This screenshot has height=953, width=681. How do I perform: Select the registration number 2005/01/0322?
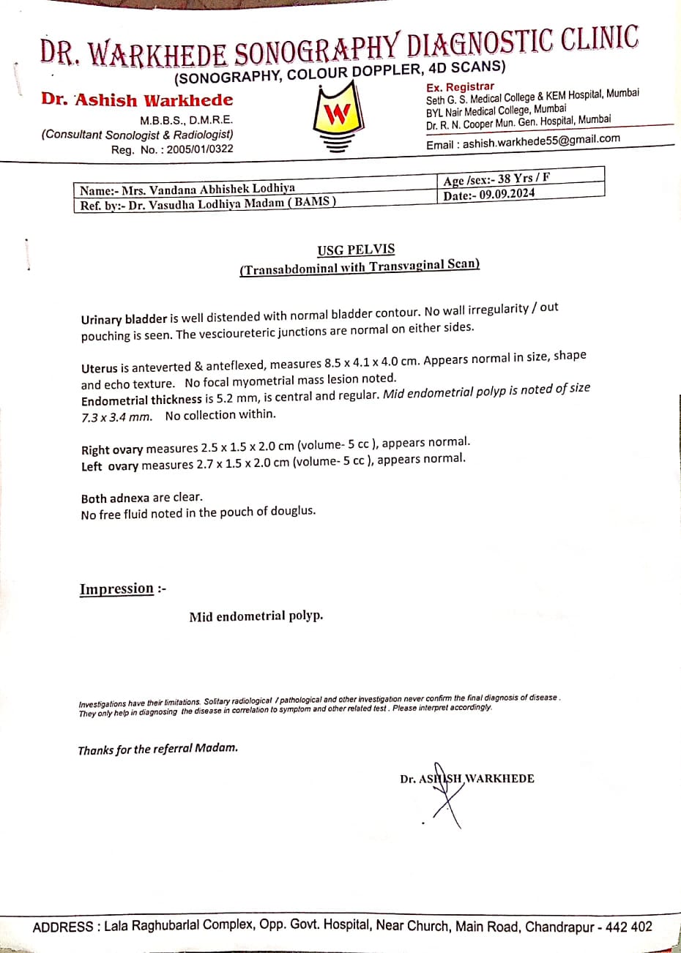(x=199, y=149)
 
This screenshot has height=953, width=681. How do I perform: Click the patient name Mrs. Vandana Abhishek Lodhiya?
(x=208, y=189)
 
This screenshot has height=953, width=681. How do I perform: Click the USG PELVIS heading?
(x=357, y=250)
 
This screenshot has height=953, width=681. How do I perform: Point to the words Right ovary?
(x=112, y=449)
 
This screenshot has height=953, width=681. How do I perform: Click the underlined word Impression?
(x=117, y=589)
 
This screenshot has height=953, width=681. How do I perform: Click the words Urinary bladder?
(x=124, y=319)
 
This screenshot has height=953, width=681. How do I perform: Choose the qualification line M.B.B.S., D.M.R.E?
(x=186, y=120)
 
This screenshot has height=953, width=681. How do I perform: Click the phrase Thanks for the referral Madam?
(x=157, y=749)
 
